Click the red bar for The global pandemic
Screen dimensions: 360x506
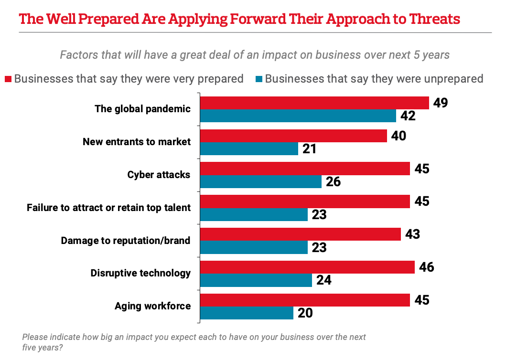click(314, 103)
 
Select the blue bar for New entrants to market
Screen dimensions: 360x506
click(249, 148)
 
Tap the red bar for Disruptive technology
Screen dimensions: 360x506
click(307, 267)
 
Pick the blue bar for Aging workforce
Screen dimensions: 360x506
click(247, 313)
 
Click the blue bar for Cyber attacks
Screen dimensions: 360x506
click(260, 181)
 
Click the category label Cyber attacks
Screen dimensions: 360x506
click(159, 175)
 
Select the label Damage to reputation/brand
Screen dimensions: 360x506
click(126, 241)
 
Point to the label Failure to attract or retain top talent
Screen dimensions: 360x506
click(108, 208)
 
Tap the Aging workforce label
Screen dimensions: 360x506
click(152, 306)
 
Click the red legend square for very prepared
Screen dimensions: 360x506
click(8, 79)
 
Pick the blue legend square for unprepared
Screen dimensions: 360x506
click(259, 79)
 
